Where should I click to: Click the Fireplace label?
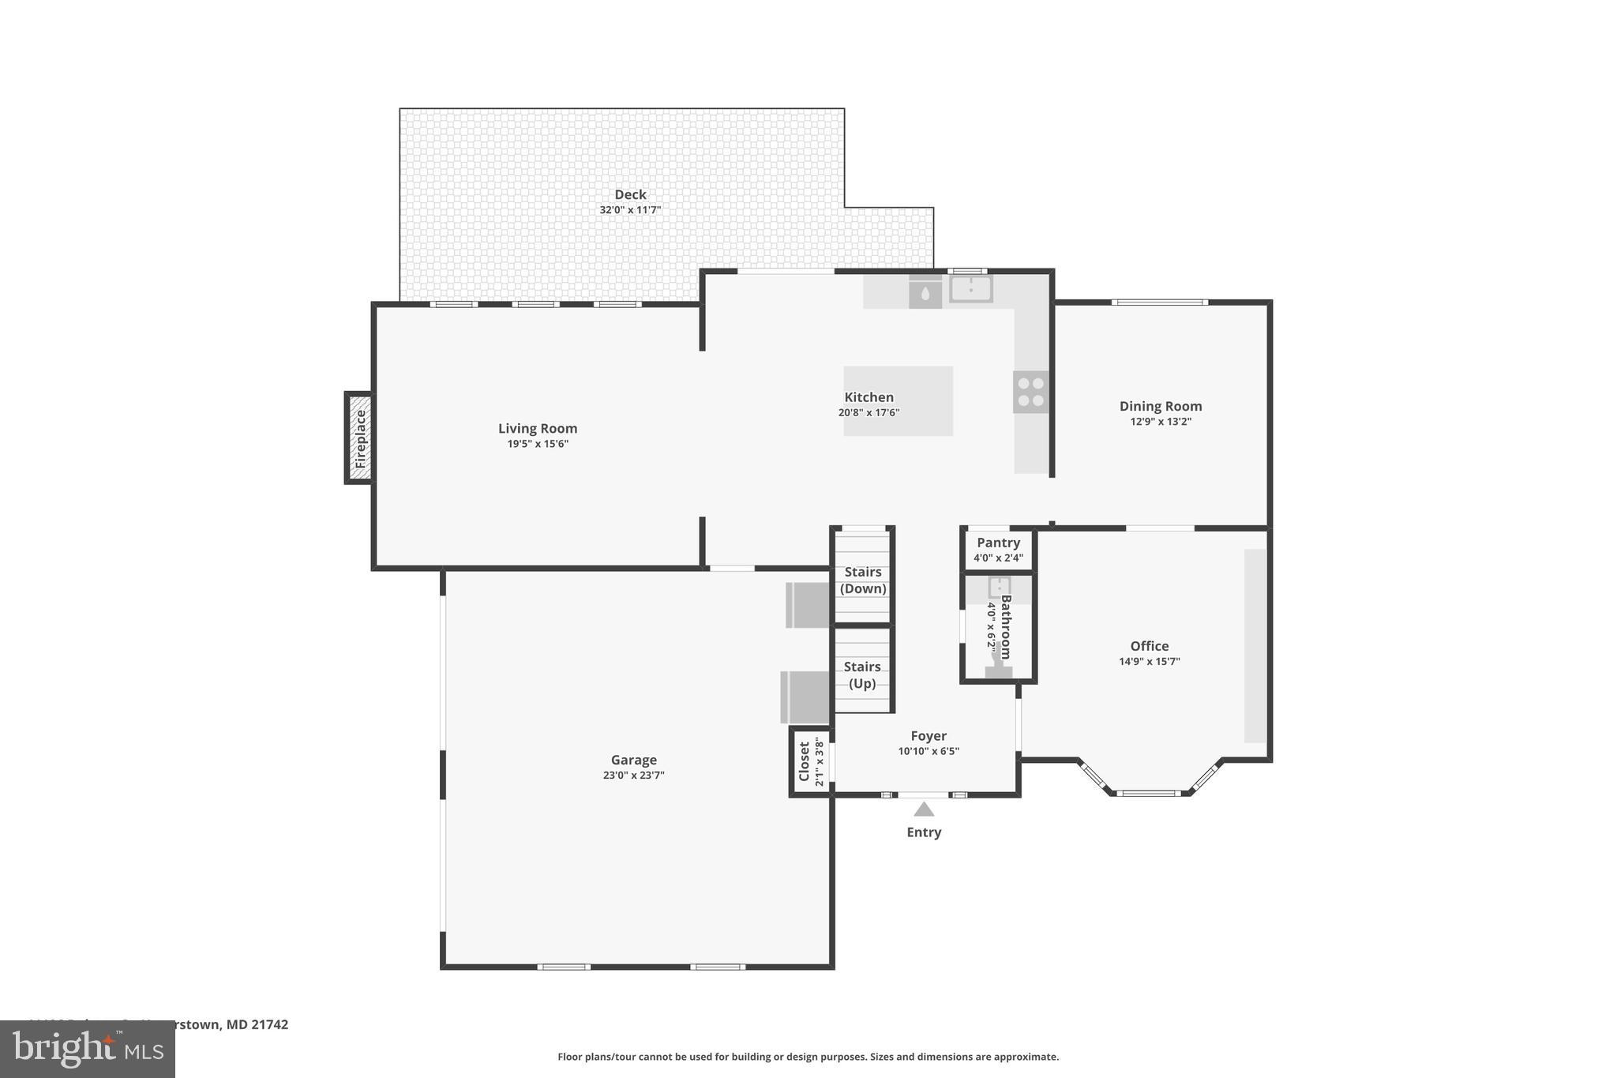361,438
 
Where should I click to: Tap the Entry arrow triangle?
924,809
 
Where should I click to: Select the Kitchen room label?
869,397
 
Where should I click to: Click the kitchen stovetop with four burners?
1030,392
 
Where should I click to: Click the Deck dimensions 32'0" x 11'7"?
630,210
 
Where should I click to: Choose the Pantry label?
998,543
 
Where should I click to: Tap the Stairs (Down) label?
863,580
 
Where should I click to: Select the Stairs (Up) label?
862,675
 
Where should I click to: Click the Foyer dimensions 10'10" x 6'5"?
928,751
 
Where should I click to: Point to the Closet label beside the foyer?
805,761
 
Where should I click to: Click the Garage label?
633,760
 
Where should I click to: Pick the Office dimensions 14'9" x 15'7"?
1149,662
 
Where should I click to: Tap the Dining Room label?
1160,406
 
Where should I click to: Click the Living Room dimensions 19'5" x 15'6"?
538,444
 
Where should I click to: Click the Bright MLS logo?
87,1049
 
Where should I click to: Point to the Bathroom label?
1006,626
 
